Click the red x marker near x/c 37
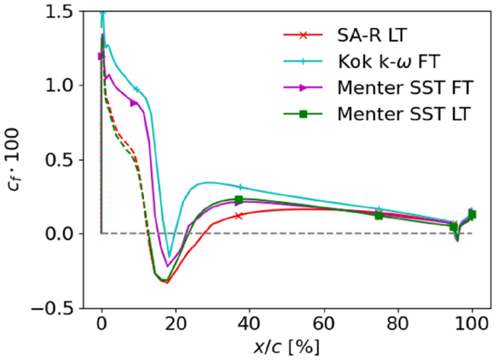click(239, 216)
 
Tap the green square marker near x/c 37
click(239, 200)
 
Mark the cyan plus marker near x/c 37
click(240, 187)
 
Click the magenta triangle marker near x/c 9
click(134, 104)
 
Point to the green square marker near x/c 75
click(379, 216)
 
